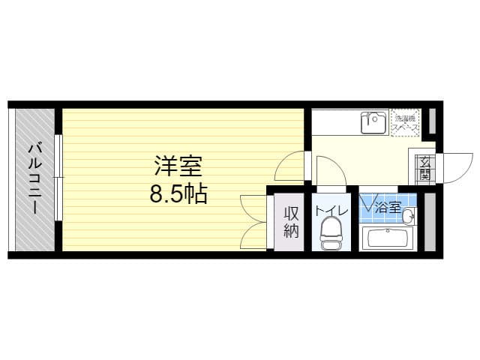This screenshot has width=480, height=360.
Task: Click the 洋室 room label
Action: [178, 164]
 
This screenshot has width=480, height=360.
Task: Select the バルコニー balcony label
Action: [34, 178]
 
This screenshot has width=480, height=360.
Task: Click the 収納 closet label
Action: [291, 222]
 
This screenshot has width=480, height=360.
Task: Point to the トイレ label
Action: [331, 211]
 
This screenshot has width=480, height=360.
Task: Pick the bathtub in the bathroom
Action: [387, 238]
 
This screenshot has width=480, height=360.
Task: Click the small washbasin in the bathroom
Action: [409, 217]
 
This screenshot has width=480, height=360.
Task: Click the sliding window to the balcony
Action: [58, 178]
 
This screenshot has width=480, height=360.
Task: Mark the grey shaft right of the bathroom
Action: [430, 223]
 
